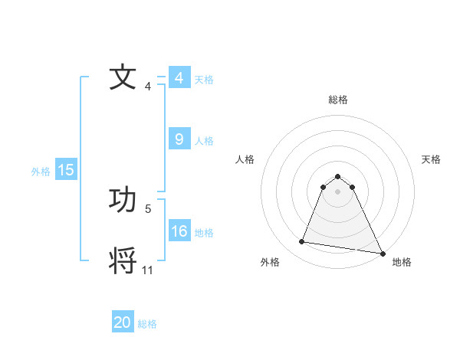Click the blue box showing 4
[x=179, y=78]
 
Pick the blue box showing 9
[x=179, y=139]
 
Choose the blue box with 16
[x=179, y=231]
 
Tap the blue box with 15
[x=66, y=171]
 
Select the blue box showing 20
[x=123, y=322]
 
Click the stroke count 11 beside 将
[x=148, y=270]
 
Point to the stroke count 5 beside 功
[x=149, y=208]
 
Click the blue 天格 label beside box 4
[x=204, y=80]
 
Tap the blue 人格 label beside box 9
[x=204, y=141]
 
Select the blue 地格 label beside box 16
[x=204, y=233]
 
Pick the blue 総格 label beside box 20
[x=147, y=324]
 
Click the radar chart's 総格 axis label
[x=338, y=100]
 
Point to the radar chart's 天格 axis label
[x=431, y=159]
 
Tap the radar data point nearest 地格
[x=382, y=252]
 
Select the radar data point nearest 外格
[x=302, y=242]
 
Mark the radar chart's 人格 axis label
[x=245, y=159]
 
